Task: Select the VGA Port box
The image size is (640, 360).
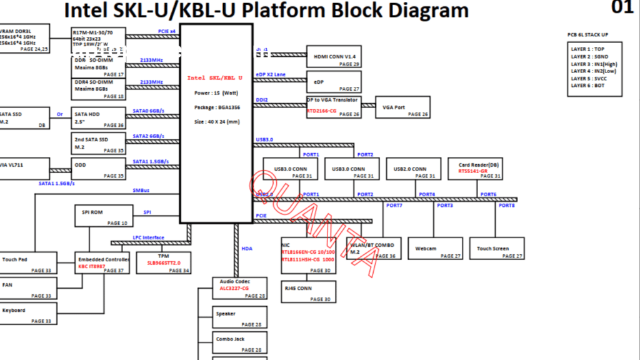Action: [402, 107]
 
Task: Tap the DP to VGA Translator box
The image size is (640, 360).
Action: [334, 107]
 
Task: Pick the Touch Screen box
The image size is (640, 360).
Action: [496, 249]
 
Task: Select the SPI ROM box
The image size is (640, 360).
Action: [101, 216]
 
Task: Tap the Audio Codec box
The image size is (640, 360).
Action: [239, 288]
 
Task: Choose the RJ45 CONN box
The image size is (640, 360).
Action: [309, 292]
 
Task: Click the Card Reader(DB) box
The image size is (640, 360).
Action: [476, 168]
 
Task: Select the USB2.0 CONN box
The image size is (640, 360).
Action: [414, 168]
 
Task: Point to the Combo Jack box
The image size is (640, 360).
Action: [239, 342]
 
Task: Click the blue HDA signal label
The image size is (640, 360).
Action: [247, 249]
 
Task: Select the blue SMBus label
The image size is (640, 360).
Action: [141, 190]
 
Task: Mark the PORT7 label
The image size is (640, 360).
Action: [394, 206]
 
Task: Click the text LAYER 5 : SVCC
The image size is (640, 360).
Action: [587, 79]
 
